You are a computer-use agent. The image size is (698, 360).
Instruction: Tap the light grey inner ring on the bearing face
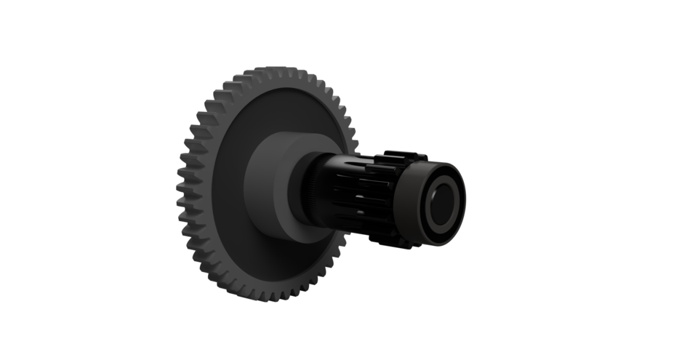(449, 188)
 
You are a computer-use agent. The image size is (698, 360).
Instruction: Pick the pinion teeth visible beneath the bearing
(393, 242)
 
